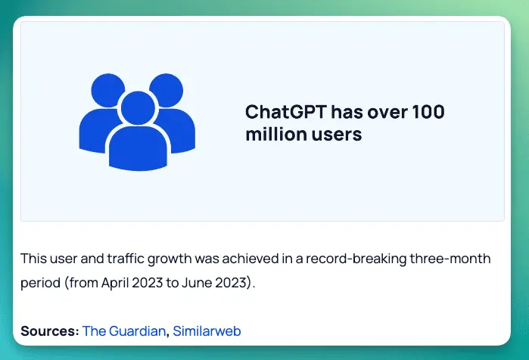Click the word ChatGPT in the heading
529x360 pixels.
point(286,112)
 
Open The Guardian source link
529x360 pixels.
point(124,331)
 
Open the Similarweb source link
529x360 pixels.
point(207,331)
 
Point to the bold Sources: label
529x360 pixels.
point(50,331)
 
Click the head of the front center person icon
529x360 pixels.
point(138,108)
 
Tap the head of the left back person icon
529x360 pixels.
point(108,90)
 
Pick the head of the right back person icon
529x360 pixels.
point(166,90)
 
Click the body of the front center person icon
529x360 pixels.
point(138,148)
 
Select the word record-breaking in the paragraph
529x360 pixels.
point(356,259)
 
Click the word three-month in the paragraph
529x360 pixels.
point(450,259)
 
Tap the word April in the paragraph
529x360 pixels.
point(115,282)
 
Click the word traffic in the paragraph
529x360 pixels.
point(126,259)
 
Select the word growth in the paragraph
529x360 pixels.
point(170,259)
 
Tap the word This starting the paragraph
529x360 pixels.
point(33,259)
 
